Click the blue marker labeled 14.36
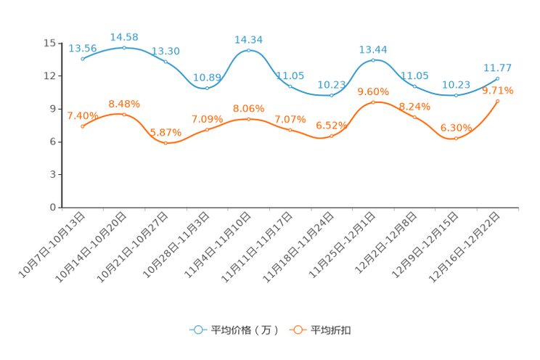[249, 50]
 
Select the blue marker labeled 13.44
[373, 60]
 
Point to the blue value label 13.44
[373, 49]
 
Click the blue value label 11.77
[498, 67]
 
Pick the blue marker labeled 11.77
[498, 78]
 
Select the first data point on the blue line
[83, 60]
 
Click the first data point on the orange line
[83, 126]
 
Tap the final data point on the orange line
[498, 102]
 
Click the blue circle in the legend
[197, 330]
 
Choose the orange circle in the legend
[297, 330]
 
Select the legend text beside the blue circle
[245, 330]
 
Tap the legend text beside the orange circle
[332, 330]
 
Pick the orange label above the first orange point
[81, 115]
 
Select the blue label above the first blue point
[82, 49]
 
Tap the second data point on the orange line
[124, 115]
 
